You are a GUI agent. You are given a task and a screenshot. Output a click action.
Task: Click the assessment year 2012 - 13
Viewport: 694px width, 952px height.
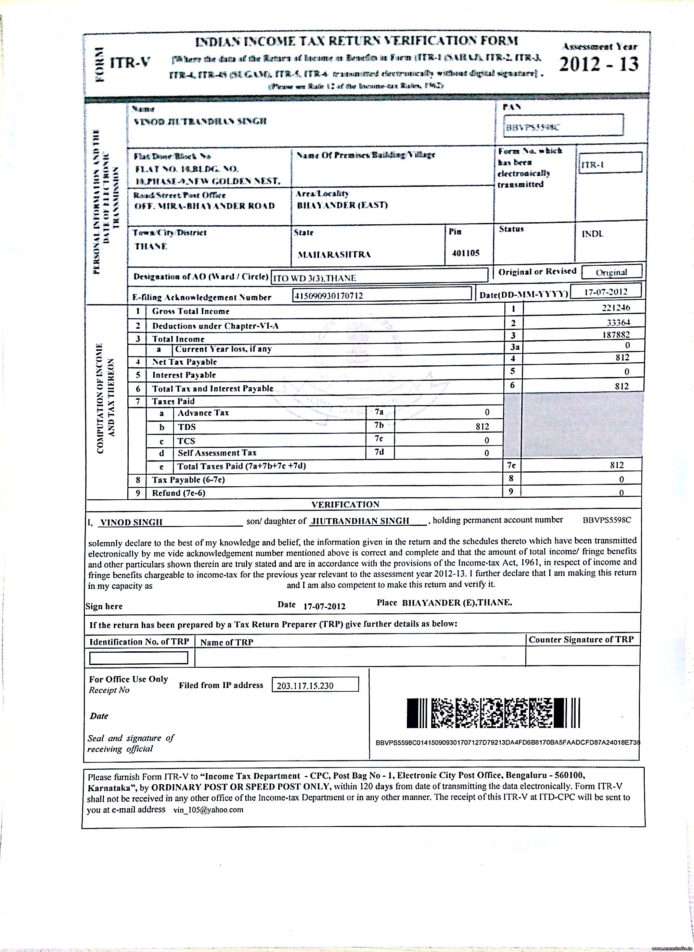coord(599,64)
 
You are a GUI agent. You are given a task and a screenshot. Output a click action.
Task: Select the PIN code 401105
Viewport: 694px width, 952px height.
coord(465,253)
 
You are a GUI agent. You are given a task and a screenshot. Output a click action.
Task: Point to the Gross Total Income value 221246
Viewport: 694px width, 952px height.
coord(615,308)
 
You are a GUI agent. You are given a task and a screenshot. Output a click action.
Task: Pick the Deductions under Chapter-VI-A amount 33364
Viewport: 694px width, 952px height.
coord(618,322)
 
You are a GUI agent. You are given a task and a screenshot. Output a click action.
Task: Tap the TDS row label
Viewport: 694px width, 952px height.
coord(187,427)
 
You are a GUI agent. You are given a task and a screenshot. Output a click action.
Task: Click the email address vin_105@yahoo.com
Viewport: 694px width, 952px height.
coord(208,810)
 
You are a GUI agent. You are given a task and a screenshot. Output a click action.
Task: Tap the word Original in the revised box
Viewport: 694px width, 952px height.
coord(611,272)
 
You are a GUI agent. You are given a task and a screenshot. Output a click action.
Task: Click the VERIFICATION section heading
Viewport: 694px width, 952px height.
coord(345,504)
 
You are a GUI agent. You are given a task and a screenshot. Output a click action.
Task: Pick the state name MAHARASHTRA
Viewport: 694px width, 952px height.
coord(334,255)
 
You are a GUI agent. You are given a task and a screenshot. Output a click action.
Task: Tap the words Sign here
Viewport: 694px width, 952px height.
coord(104,606)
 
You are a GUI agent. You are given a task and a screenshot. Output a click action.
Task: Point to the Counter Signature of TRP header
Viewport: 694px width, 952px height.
coord(581,640)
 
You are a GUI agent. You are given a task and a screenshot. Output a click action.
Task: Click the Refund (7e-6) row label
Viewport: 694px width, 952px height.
coord(179,492)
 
